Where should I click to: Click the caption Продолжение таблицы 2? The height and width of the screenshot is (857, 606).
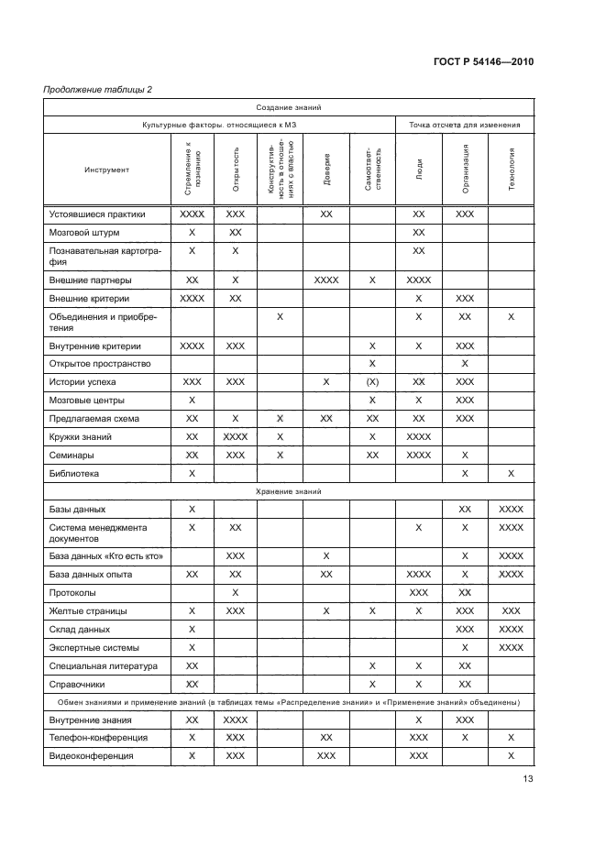(x=98, y=89)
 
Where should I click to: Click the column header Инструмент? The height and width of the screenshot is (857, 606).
(x=107, y=170)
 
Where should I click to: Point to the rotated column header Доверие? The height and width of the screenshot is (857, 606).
(x=327, y=170)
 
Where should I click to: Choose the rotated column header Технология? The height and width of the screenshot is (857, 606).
(x=512, y=170)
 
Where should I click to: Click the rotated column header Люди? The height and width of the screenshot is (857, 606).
(x=419, y=170)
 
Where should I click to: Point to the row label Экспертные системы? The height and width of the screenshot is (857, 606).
(x=94, y=647)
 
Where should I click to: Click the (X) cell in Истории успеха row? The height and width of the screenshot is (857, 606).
(x=372, y=381)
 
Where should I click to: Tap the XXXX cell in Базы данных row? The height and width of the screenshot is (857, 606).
(x=511, y=509)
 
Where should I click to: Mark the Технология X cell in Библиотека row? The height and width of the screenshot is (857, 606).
(x=511, y=474)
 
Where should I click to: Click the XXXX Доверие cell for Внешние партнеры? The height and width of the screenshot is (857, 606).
(x=327, y=280)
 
